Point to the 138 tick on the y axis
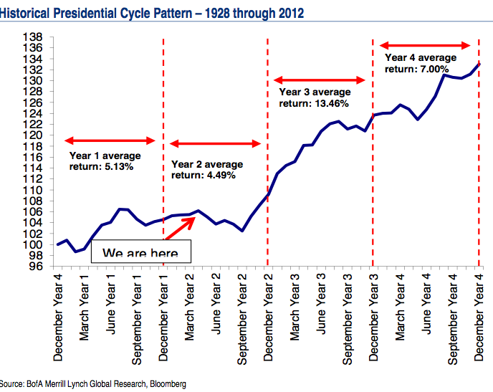coord(34,37)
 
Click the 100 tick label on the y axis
coord(34,244)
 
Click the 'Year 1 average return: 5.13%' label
coord(105,161)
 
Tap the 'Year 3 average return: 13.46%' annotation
coord(315,97)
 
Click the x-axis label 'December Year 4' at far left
coord(59,315)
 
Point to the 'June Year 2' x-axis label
coord(216,305)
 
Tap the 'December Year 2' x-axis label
coord(268,315)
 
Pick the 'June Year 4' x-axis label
coord(426,305)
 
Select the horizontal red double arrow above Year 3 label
coord(320,80)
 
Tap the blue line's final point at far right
coord(478,64)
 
